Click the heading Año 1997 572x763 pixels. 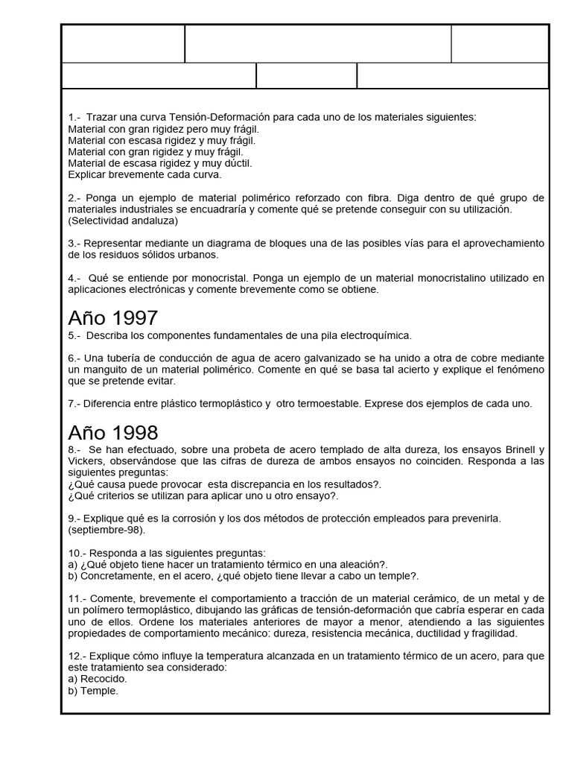coord(112,318)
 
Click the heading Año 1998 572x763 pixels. coord(112,433)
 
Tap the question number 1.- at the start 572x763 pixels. coord(74,118)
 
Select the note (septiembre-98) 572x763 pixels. coord(107,530)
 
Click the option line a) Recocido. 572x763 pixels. coord(98,679)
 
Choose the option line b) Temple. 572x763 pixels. coord(93,691)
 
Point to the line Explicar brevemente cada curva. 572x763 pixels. coord(144,175)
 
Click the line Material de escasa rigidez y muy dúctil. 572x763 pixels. coord(159,163)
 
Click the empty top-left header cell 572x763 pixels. coord(123,44)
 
